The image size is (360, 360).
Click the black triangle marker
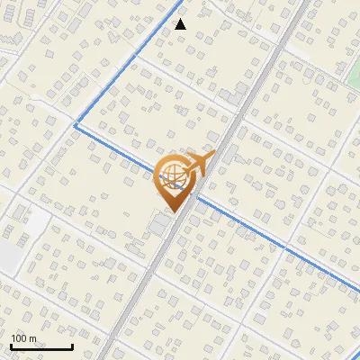[181, 24]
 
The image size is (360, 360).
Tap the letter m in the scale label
[32, 337]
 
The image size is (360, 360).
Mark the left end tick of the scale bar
[11, 346]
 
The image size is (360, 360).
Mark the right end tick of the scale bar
[72, 346]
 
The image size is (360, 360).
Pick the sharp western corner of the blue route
[74, 126]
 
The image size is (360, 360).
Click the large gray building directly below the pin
[162, 224]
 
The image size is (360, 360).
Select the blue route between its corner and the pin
[117, 148]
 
